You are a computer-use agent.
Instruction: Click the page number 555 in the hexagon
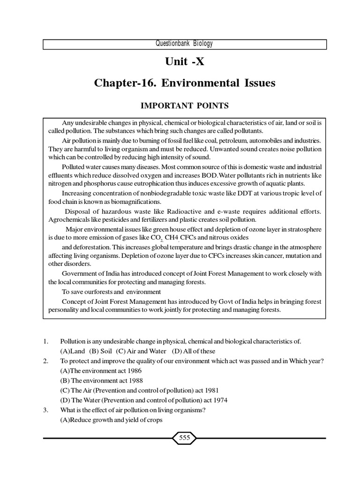[x=184, y=438]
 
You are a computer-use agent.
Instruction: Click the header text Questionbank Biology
[x=184, y=44]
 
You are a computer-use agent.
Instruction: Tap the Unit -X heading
[x=184, y=63]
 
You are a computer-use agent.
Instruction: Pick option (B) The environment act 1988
[x=101, y=380]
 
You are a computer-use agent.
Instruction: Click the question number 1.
[x=45, y=341]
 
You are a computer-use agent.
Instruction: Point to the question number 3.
[x=45, y=410]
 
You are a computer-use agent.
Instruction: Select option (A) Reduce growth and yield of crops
[x=111, y=420]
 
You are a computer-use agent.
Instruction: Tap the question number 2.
[x=45, y=360]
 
